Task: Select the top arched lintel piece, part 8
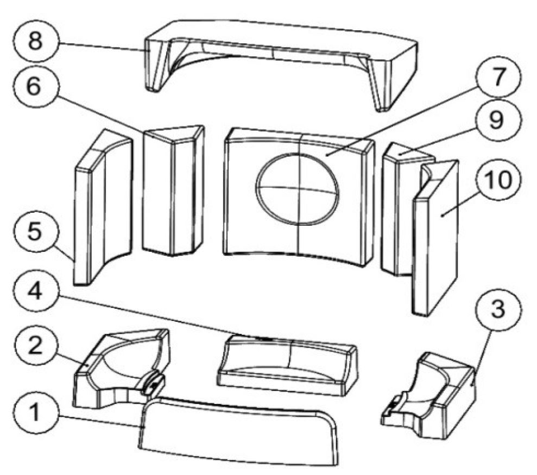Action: [282, 41]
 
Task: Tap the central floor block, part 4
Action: [288, 364]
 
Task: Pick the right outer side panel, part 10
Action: [437, 239]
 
